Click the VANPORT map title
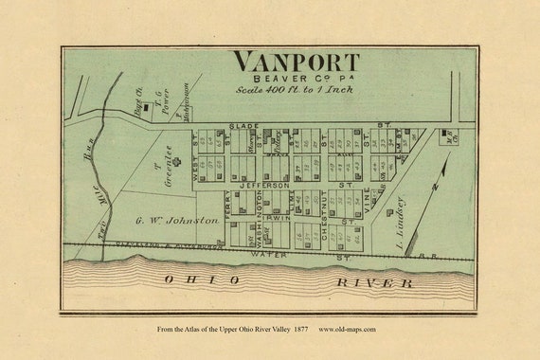pyautogui.click(x=297, y=62)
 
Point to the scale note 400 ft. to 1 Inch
pyautogui.click(x=295, y=90)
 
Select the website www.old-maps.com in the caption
pyautogui.click(x=349, y=330)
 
